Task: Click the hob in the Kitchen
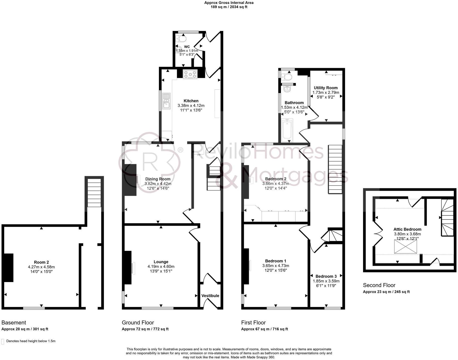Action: pos(190,75)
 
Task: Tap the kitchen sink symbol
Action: pos(166,101)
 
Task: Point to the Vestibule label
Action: pos(210,296)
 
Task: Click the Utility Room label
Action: pos(326,88)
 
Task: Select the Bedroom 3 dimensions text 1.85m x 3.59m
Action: pos(326,281)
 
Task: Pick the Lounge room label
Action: pos(161,262)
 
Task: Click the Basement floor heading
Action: pos(14,323)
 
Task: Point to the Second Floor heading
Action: pos(379,285)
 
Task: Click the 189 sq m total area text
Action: pos(229,7)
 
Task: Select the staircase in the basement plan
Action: pos(94,192)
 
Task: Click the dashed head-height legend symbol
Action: pos(3,341)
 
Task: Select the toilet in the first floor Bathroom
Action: pos(287,76)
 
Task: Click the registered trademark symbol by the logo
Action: pos(180,150)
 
